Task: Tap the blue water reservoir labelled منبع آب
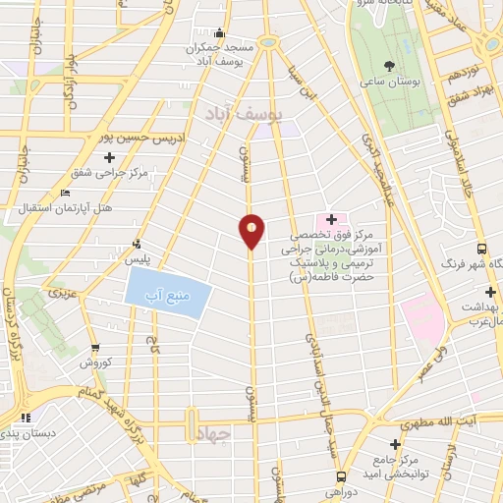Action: pyautogui.click(x=168, y=292)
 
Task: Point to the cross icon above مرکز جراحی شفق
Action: pyautogui.click(x=108, y=155)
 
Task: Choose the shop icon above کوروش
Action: pyautogui.click(x=95, y=347)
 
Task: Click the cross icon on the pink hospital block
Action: pyautogui.click(x=331, y=219)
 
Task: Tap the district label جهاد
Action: pyautogui.click(x=211, y=434)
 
